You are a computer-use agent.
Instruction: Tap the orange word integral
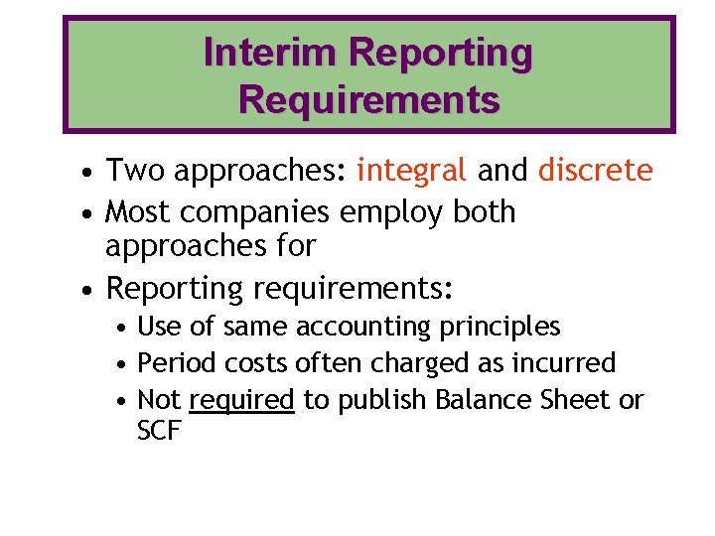(x=411, y=171)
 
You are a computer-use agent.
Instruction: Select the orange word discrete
(x=595, y=171)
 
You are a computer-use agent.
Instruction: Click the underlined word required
(x=241, y=400)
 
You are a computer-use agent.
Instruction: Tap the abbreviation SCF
(x=159, y=433)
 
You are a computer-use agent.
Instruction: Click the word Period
(x=169, y=363)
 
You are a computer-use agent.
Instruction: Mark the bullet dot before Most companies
(x=89, y=213)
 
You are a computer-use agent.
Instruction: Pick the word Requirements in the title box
(x=368, y=99)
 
